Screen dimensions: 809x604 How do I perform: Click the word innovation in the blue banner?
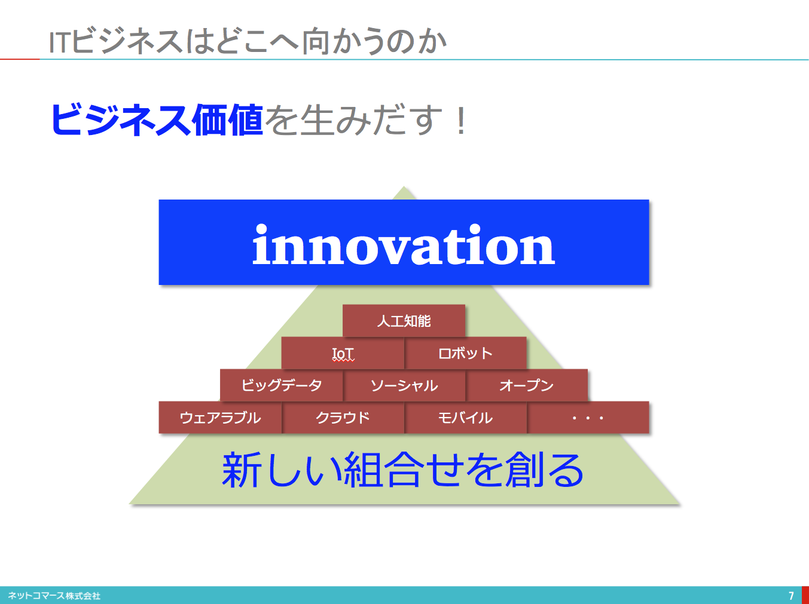pyautogui.click(x=404, y=244)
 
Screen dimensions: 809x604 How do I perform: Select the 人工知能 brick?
pyautogui.click(x=404, y=320)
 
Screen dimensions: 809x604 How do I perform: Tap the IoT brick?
pyautogui.click(x=343, y=353)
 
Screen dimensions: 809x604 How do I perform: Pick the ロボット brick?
pyautogui.click(x=466, y=353)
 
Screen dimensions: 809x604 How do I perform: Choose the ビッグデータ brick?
pyautogui.click(x=282, y=385)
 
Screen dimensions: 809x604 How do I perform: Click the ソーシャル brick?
pyautogui.click(x=404, y=385)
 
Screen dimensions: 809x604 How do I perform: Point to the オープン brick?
pyautogui.click(x=527, y=385)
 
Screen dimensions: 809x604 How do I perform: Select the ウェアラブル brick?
pyautogui.click(x=220, y=418)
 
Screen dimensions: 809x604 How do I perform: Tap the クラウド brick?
pyautogui.click(x=343, y=418)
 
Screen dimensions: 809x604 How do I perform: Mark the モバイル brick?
pyautogui.click(x=466, y=418)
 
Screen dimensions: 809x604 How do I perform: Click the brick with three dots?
pyautogui.click(x=588, y=418)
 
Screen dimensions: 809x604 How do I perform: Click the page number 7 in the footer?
pyautogui.click(x=791, y=596)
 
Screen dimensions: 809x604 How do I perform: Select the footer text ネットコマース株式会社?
pyautogui.click(x=54, y=596)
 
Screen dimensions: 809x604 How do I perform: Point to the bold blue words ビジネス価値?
pyautogui.click(x=157, y=119)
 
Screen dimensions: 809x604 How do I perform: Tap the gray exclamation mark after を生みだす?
pyautogui.click(x=461, y=121)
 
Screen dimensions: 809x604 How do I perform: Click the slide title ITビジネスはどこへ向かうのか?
pyautogui.click(x=248, y=41)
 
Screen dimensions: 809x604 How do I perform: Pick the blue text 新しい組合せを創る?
pyautogui.click(x=402, y=470)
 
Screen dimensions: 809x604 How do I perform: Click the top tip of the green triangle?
pyautogui.click(x=404, y=186)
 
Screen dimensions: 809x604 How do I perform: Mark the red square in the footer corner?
pyautogui.click(x=805, y=595)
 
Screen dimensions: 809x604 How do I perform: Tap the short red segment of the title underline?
pyautogui.click(x=20, y=59)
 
